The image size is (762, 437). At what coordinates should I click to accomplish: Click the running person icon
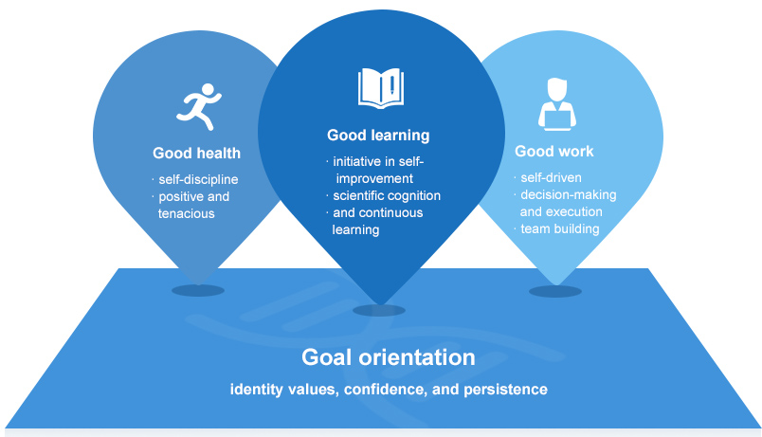pos(198,107)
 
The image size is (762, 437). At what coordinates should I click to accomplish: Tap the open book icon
pos(381,88)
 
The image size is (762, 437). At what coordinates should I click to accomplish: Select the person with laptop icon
pos(557,104)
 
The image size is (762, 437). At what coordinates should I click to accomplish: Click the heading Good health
pos(196,154)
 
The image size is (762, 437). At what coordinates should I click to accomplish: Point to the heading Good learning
pos(378,136)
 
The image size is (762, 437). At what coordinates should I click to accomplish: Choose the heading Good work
pos(554,151)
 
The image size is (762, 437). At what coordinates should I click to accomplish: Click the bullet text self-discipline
pos(198,179)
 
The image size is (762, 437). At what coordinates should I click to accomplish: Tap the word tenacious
pos(186,213)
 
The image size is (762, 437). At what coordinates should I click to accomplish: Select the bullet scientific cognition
pos(387,196)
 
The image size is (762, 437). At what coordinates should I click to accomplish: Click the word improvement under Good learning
pos(374,178)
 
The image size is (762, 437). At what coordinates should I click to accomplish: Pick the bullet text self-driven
pos(551,177)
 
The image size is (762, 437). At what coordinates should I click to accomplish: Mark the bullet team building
pos(560,229)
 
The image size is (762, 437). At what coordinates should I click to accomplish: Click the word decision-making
pos(569,195)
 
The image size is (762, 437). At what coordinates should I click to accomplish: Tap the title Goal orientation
pos(389,357)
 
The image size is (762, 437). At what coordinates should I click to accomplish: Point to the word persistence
pos(505,390)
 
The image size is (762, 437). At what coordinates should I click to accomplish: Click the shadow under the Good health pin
pos(198,291)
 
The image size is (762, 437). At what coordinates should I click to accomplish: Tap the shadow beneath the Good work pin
pos(555,291)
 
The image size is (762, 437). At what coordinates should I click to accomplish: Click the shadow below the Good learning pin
pos(379,310)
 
